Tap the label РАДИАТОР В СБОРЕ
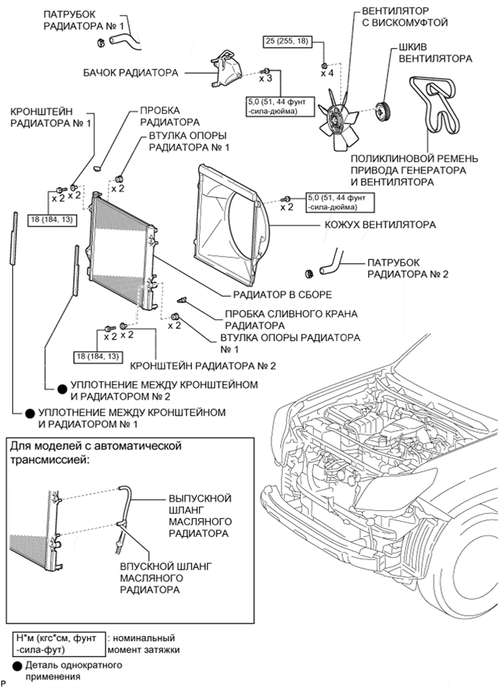[282, 295]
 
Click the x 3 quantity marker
[265, 77]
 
